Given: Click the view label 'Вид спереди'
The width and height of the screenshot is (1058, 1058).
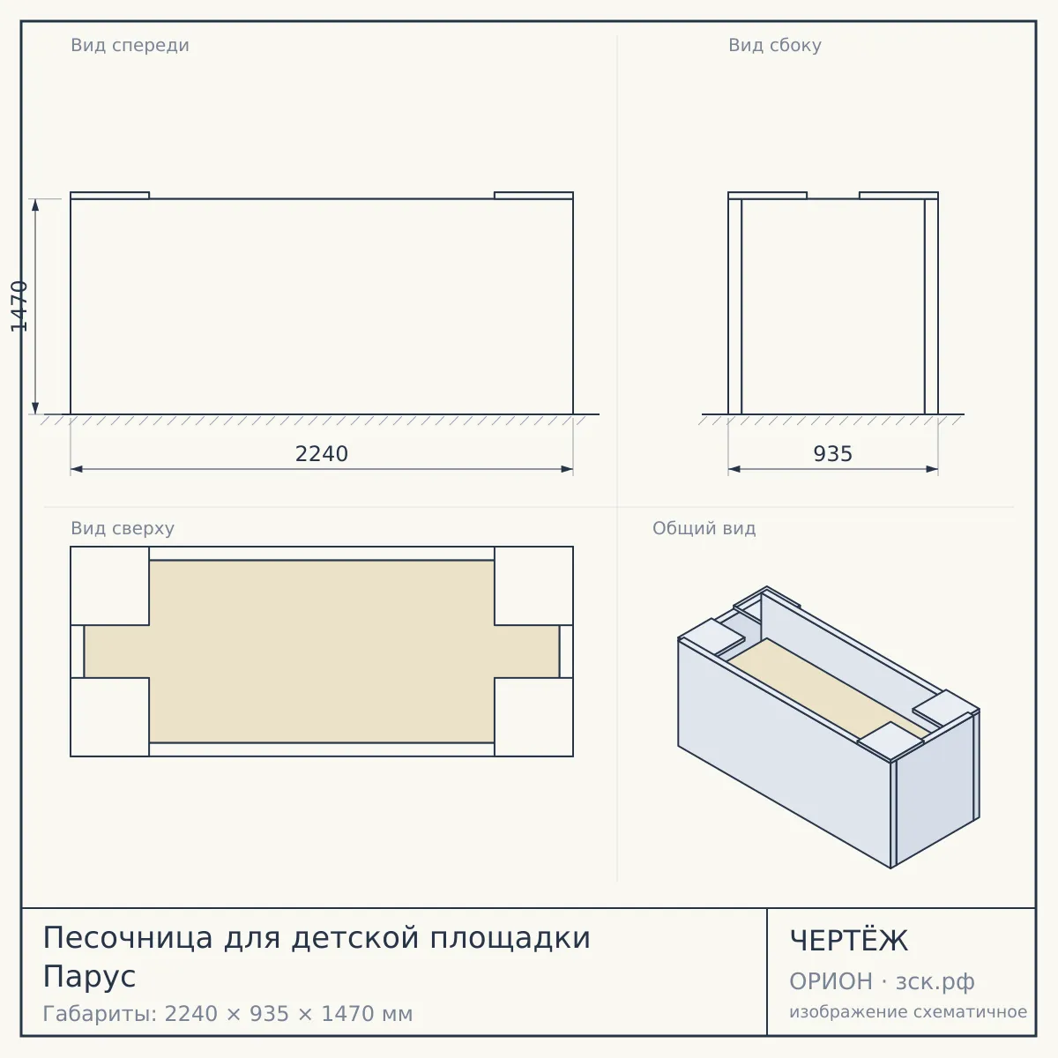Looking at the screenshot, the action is [x=130, y=46].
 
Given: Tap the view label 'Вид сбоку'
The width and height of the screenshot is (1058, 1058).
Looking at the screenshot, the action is [x=775, y=46].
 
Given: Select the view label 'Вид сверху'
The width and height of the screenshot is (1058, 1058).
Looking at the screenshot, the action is [x=123, y=529].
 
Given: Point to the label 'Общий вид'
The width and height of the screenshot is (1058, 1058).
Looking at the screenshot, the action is [x=704, y=528].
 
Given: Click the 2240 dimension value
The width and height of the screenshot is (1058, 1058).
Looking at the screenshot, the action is [x=322, y=454].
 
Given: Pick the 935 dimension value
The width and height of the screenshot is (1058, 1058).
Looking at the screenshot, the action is [x=833, y=454].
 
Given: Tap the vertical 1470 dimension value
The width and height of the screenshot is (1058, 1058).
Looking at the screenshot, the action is [x=19, y=306].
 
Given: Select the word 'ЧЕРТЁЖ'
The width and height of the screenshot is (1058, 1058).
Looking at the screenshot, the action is [x=849, y=941].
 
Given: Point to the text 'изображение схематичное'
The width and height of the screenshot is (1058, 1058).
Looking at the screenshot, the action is [x=908, y=1012].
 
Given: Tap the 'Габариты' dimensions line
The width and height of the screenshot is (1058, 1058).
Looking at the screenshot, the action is [x=227, y=1014].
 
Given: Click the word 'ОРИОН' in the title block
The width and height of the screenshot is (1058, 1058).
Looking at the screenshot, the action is [x=831, y=981].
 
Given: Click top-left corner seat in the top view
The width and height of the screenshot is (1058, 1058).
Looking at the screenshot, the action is [x=110, y=585].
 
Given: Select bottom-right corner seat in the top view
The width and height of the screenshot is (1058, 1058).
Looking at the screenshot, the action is [x=533, y=717].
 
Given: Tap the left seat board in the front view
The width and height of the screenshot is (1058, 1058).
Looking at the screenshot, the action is [x=110, y=196].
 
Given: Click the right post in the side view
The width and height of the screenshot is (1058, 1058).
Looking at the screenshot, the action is [x=931, y=306].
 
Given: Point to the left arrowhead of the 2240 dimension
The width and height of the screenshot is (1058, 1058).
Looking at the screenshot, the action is [x=77, y=469].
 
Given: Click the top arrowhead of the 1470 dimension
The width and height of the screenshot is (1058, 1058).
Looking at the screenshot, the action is [x=35, y=205].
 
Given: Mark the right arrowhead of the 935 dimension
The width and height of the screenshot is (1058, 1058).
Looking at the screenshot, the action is [x=932, y=469].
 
